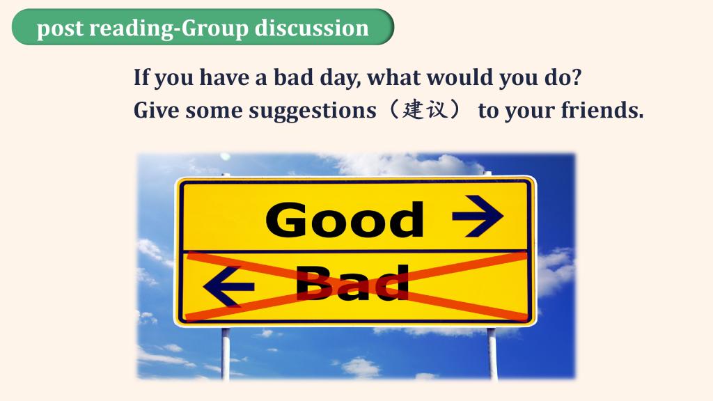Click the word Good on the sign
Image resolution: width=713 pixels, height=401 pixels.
pyautogui.click(x=345, y=219)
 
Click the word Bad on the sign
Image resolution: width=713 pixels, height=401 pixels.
pyautogui.click(x=352, y=283)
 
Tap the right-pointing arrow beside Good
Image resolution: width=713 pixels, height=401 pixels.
pyautogui.click(x=478, y=216)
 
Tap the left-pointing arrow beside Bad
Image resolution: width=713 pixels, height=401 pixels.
pyautogui.click(x=228, y=286)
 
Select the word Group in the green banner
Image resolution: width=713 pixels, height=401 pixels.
pyautogui.click(x=214, y=29)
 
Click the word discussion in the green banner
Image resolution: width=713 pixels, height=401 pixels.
pyautogui.click(x=311, y=28)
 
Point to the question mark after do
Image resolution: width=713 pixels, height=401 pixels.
pyautogui.click(x=576, y=77)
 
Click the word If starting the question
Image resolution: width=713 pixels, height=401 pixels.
pyautogui.click(x=141, y=77)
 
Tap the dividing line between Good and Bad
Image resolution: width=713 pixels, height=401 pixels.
pyautogui.click(x=354, y=251)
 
